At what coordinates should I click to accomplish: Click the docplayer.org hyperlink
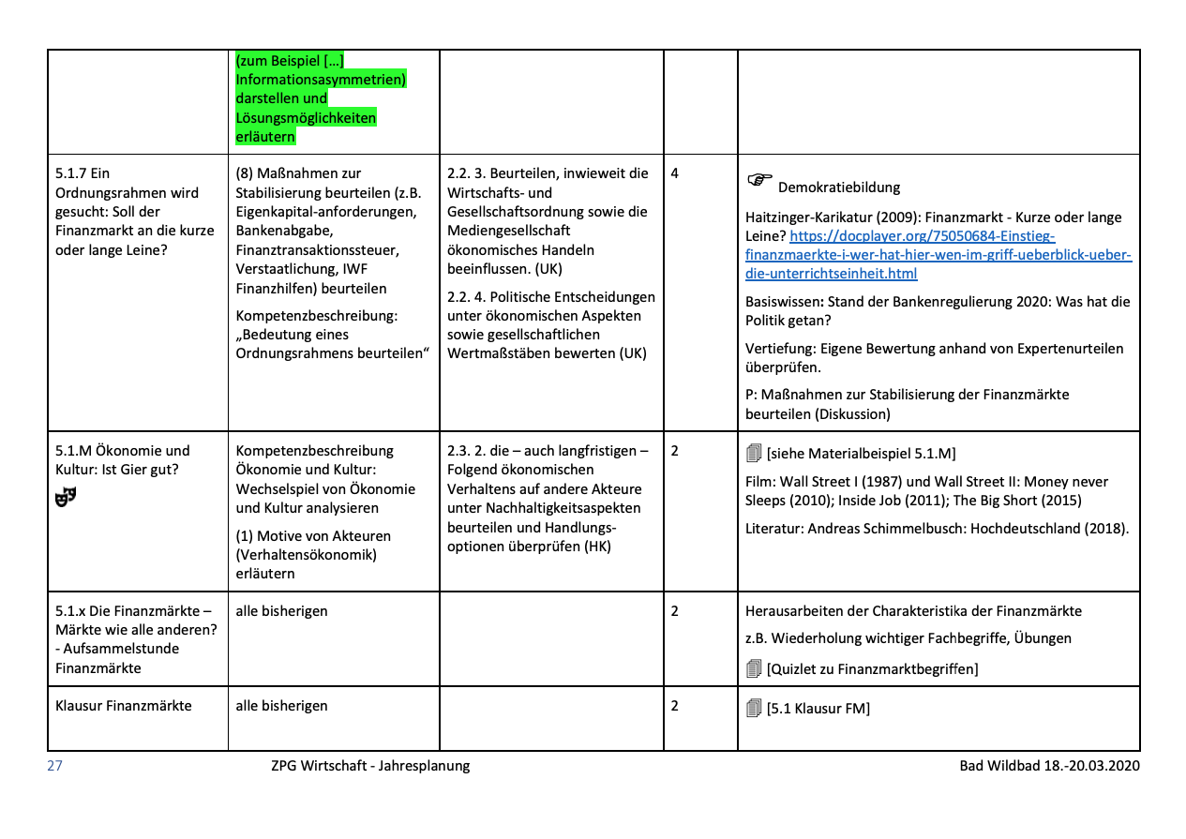938,255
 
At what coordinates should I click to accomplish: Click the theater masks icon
65,498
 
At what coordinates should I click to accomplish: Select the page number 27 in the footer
54,766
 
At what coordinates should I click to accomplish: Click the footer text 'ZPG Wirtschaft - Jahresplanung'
370,766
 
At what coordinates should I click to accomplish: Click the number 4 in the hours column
675,173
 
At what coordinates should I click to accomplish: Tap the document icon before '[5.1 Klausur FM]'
754,709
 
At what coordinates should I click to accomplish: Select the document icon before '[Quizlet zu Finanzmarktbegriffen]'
754,668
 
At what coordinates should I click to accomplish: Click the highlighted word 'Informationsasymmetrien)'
321,80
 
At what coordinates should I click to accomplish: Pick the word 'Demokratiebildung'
839,187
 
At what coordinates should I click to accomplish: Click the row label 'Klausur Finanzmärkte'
123,705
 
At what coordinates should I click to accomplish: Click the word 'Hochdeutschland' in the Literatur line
1022,528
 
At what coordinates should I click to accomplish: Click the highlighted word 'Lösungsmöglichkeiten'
306,118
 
